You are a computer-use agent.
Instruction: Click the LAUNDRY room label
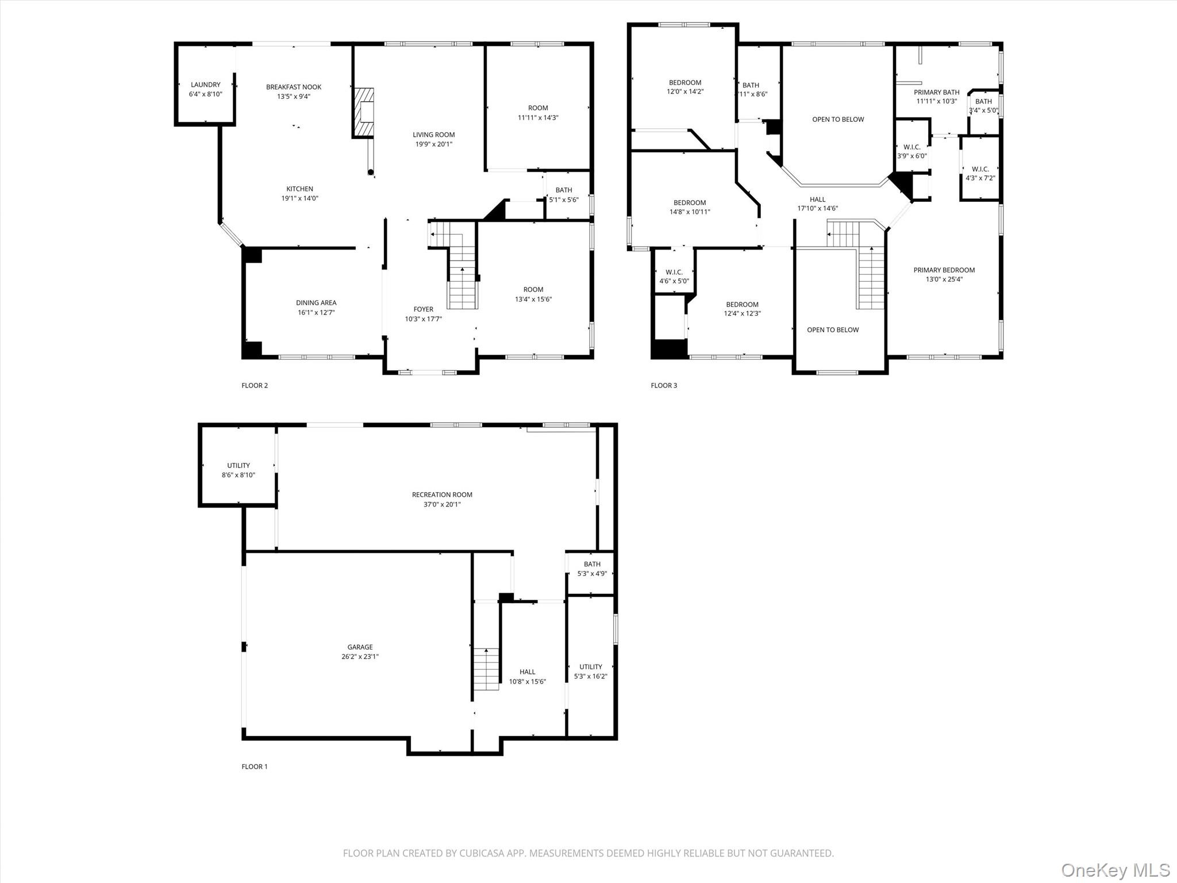pos(205,85)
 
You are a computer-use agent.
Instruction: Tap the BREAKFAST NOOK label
pos(294,87)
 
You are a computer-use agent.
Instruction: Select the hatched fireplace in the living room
pos(363,113)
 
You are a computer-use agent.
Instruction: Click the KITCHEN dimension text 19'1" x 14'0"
pos(299,198)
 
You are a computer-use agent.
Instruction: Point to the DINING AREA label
pos(316,303)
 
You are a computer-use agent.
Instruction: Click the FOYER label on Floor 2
pos(424,309)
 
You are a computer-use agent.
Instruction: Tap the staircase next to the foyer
pos(462,276)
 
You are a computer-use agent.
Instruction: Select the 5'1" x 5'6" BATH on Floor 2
pos(564,195)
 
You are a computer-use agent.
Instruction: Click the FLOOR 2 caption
pos(255,386)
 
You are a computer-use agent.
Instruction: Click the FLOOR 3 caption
pos(664,386)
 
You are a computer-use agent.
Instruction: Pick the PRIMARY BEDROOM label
pos(944,270)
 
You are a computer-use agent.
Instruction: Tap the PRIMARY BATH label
pos(937,93)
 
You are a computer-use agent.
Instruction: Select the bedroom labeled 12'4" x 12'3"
pos(742,309)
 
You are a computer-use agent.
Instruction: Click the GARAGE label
pos(360,647)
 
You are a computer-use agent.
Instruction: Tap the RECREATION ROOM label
pos(442,495)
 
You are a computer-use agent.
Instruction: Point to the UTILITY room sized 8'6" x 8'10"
pos(239,470)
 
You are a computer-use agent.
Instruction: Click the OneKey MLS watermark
pos(1115,870)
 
